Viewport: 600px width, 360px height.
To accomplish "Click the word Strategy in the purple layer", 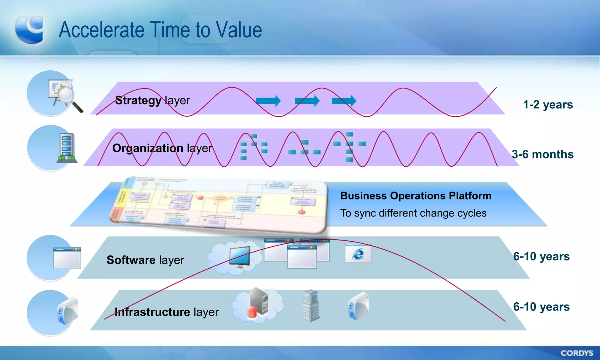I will pos(138,100).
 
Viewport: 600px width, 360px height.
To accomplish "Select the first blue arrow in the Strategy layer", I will pos(268,101).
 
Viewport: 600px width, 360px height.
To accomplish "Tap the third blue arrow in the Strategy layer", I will pos(344,101).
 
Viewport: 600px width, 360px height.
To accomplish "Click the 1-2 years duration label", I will pos(548,105).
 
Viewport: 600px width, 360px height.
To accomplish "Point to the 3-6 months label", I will pos(542,154).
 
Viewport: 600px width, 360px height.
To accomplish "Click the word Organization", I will pos(148,148).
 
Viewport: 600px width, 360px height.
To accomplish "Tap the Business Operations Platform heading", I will pos(415,196).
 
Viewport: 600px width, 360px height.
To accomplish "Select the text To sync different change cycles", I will pos(413,213).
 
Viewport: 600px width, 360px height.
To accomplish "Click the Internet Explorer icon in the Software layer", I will pos(358,253).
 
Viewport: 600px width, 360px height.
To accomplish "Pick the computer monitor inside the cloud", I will pos(240,257).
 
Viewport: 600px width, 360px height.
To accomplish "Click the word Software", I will pos(131,260).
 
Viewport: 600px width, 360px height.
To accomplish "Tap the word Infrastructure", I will pos(152,312).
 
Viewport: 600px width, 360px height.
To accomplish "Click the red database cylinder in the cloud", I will pos(252,312).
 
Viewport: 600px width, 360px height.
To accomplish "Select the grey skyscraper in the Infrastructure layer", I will pos(311,306).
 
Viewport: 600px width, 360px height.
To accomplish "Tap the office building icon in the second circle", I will pos(67,148).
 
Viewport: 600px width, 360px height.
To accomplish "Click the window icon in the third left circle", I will pos(67,258).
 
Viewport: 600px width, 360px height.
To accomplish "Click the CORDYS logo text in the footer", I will pos(577,353).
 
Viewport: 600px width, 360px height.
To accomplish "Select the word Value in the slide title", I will pos(239,30).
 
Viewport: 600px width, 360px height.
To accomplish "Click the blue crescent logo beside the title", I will pos(30,30).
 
